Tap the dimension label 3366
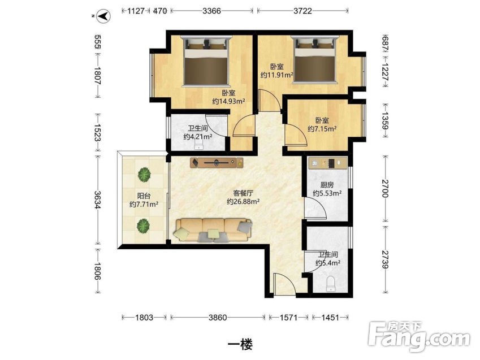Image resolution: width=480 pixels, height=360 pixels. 211,11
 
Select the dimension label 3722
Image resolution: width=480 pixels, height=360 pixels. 302,11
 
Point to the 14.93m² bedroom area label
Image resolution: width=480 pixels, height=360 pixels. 228,101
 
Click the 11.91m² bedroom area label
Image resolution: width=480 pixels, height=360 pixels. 276,75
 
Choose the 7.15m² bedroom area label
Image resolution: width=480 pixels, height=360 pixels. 322,129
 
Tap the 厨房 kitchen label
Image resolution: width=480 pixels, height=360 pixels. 327,185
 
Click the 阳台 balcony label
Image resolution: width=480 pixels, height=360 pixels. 144,196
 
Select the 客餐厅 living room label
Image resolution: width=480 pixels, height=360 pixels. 243,193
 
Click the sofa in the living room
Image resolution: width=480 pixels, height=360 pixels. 213,230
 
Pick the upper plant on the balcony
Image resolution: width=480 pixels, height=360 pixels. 144,175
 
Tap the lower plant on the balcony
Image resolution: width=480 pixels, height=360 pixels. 143,226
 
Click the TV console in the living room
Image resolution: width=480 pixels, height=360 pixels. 217,163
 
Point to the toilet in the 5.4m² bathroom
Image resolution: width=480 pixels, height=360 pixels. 331,284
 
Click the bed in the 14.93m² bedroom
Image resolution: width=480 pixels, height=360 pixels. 206,61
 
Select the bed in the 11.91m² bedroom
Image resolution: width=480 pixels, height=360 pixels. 315,59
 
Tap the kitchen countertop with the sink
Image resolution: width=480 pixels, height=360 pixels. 327,163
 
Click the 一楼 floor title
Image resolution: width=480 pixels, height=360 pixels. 241,345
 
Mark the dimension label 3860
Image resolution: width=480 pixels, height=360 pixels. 218,318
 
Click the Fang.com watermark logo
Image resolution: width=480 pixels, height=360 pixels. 420,337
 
